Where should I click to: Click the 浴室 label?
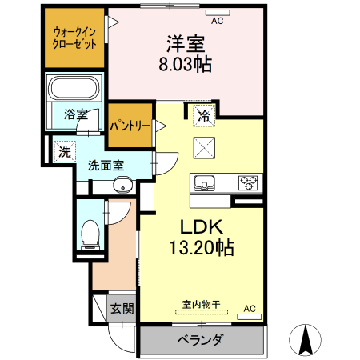75,114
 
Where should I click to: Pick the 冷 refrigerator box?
204,116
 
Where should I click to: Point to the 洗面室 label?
106,166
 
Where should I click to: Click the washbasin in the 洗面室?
122,187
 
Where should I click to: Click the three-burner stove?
248,182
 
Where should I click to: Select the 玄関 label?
122,309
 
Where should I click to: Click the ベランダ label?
199,341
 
